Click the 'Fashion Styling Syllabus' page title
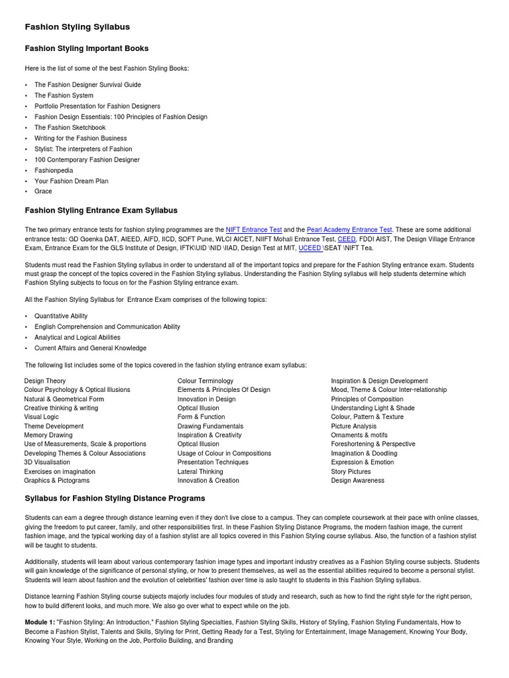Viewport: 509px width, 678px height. (77, 27)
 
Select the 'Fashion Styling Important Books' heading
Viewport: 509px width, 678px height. (86, 48)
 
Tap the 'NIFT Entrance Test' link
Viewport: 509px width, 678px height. (254, 229)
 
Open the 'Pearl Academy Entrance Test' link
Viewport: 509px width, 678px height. (349, 229)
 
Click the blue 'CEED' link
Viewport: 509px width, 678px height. (347, 238)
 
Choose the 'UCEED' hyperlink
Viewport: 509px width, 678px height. (310, 248)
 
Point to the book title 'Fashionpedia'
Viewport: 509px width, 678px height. (54, 170)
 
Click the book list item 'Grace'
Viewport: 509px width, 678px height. (43, 191)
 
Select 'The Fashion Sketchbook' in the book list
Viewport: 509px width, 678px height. (70, 127)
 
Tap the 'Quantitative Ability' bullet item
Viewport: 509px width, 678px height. (61, 316)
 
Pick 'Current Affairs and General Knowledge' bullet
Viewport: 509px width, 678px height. (90, 348)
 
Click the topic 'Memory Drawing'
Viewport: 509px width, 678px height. (48, 435)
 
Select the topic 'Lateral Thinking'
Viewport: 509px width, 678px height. (200, 471)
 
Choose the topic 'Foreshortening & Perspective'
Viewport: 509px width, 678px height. (373, 444)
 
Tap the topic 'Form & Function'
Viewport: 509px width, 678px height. (201, 417)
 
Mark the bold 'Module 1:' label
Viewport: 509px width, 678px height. (39, 622)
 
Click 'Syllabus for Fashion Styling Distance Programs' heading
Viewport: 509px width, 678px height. (115, 498)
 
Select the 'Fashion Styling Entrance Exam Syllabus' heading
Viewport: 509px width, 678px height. (101, 211)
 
